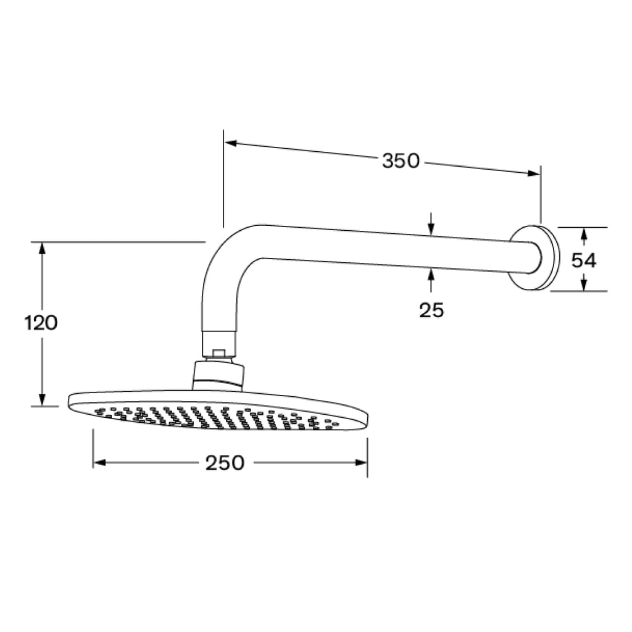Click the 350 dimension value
(x=401, y=161)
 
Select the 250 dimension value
(x=225, y=463)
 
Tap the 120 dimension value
(x=41, y=322)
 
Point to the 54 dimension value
(x=583, y=260)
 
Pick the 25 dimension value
(x=431, y=310)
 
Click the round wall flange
(x=534, y=257)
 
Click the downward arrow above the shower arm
(x=431, y=229)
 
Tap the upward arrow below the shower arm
(x=431, y=276)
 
